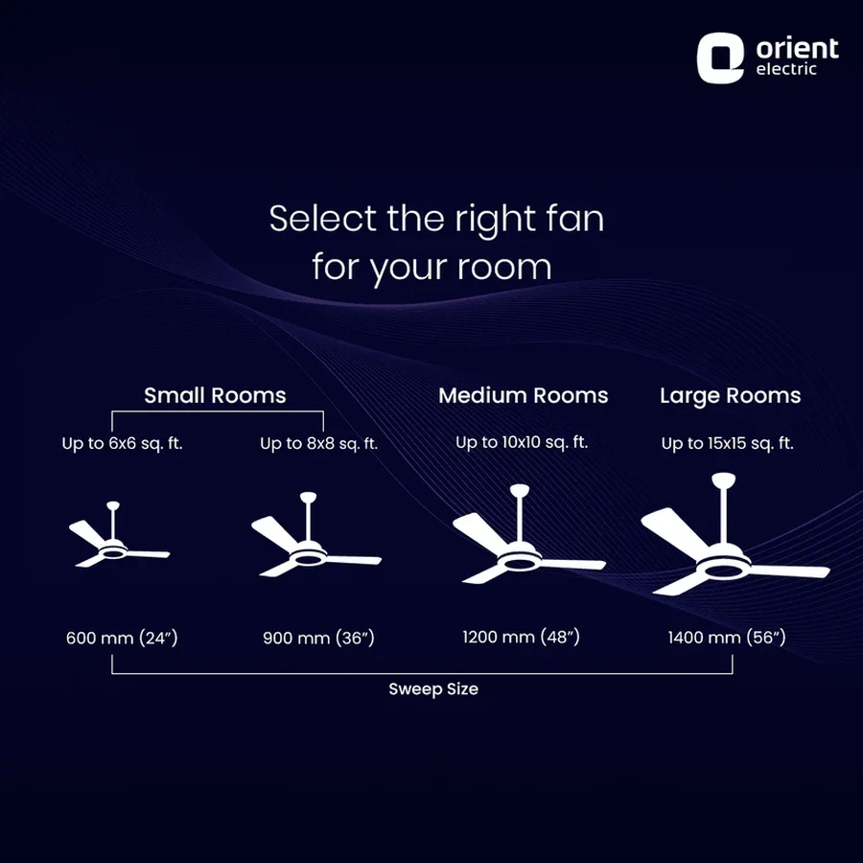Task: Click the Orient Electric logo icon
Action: (x=720, y=58)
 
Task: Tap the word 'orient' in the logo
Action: (x=797, y=49)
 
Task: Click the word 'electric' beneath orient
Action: (x=786, y=69)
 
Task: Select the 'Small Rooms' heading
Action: (x=215, y=395)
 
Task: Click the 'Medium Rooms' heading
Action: (x=524, y=395)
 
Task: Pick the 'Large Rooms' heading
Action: (x=731, y=396)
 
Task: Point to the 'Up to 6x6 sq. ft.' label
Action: (x=122, y=444)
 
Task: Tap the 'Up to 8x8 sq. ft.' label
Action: (x=318, y=444)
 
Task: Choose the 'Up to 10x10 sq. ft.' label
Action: (x=522, y=442)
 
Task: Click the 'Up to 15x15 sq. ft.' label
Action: (x=728, y=444)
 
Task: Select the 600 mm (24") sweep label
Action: (x=122, y=638)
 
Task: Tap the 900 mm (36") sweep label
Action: (x=318, y=638)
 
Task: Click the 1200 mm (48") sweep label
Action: (x=522, y=637)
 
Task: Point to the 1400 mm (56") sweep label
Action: (x=727, y=638)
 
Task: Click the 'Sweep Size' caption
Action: (x=433, y=689)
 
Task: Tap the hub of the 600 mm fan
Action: (x=114, y=550)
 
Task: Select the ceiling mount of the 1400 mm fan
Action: (x=724, y=478)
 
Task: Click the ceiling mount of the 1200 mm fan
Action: (x=520, y=490)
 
